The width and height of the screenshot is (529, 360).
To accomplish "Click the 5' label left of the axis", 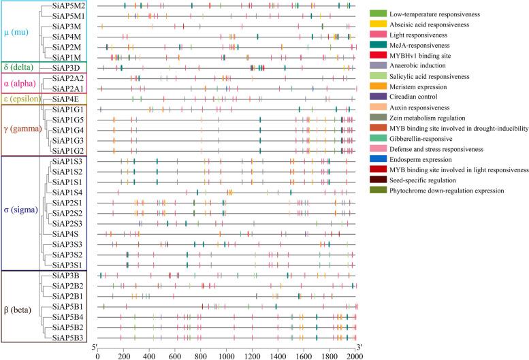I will click(95, 347).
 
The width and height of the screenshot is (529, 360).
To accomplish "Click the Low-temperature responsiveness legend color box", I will click(379, 14).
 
